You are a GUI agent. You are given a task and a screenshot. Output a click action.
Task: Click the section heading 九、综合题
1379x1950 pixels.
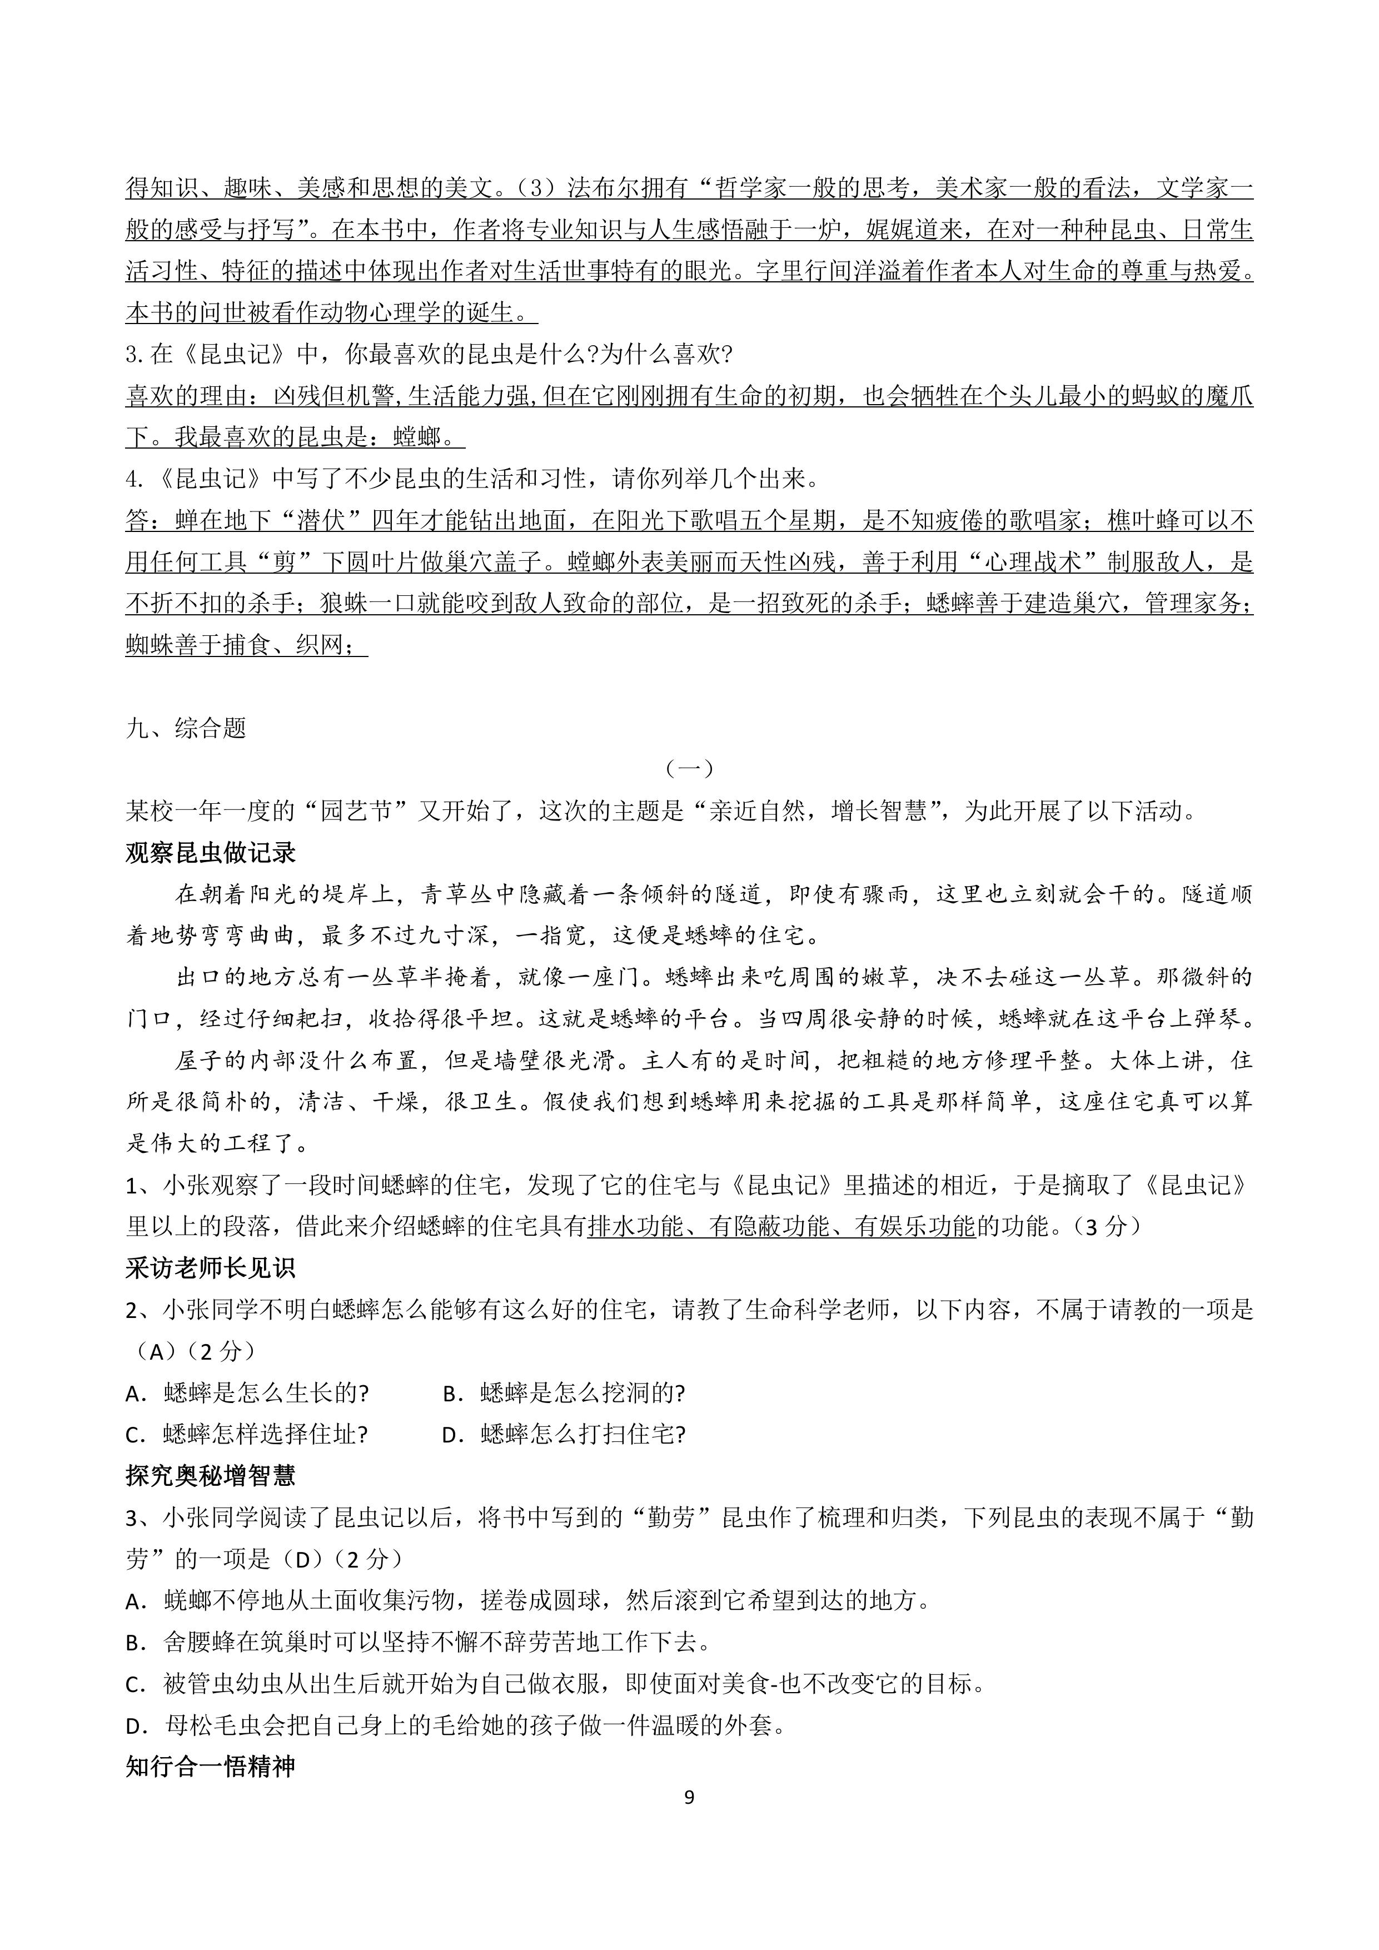click(186, 728)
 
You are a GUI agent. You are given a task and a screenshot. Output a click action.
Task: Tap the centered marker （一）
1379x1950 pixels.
click(689, 769)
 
